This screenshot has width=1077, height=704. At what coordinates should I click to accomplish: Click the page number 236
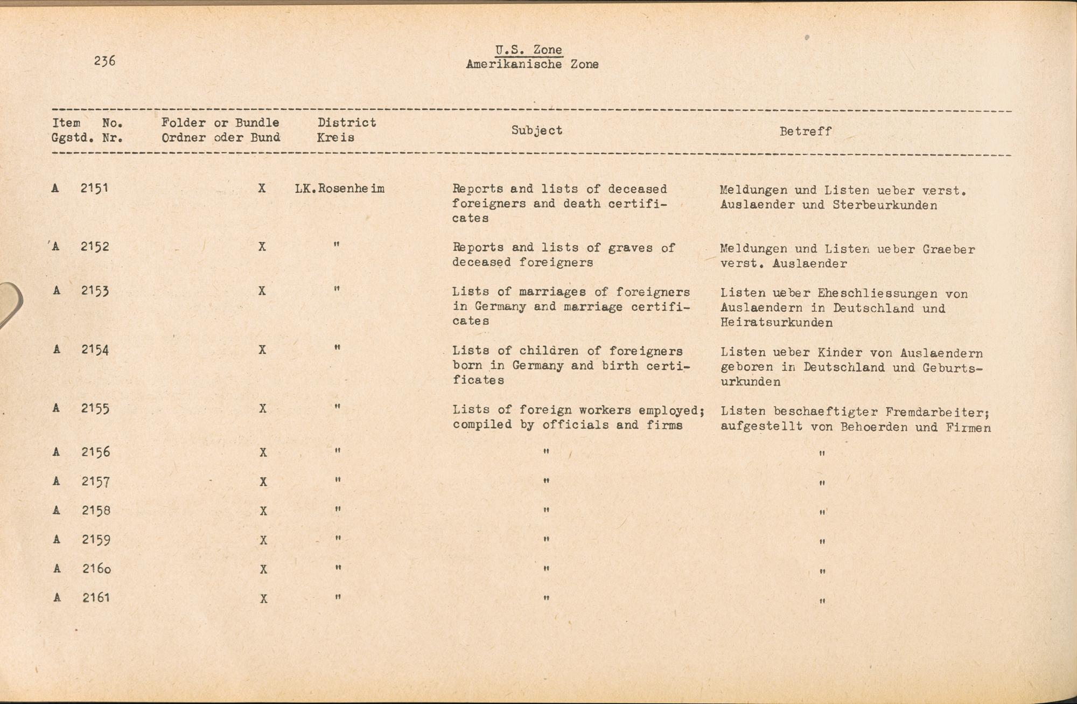(104, 61)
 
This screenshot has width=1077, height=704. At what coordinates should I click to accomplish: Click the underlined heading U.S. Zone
(528, 50)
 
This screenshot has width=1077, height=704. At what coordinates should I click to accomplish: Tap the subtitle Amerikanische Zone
(532, 65)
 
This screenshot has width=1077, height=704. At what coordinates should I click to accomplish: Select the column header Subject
(536, 130)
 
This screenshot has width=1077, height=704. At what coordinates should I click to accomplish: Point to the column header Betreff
(805, 131)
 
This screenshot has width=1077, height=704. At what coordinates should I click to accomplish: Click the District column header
(346, 123)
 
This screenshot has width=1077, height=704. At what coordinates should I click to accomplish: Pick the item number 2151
(94, 189)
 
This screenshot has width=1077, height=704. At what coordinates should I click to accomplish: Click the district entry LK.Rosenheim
(340, 189)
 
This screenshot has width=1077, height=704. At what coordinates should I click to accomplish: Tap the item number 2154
(95, 350)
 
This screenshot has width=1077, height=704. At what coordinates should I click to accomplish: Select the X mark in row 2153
(262, 291)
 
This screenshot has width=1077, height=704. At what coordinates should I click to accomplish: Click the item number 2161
(96, 597)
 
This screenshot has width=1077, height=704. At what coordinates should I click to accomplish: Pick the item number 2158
(96, 510)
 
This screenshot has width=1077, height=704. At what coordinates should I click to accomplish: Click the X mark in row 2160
(263, 569)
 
